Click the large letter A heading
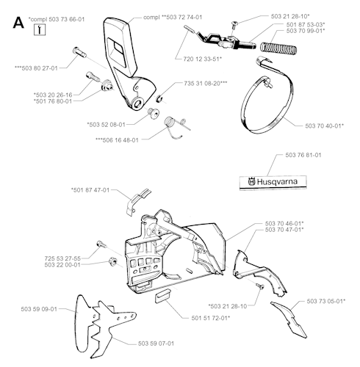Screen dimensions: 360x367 coord(18,23)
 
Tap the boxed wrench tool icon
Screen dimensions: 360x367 coord(40,30)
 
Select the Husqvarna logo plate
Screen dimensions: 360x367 coord(273,182)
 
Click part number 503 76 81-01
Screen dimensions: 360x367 coord(303,155)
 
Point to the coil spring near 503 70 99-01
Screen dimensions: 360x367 coord(278,48)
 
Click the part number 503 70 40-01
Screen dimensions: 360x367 coord(325,126)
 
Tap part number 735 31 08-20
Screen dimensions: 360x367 coord(206,83)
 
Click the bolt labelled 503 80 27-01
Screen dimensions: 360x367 coord(79,52)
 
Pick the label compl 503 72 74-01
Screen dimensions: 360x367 coord(173,17)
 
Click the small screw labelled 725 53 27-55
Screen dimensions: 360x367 coord(101,244)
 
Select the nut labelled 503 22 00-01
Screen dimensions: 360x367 coord(112,261)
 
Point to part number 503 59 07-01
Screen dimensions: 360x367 coord(156,344)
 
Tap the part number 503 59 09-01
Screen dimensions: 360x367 coord(39,309)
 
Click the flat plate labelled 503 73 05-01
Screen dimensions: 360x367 coord(289,320)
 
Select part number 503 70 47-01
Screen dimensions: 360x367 coord(284,230)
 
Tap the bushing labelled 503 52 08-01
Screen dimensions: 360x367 coord(153,113)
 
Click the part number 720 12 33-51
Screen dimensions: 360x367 coord(203,59)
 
